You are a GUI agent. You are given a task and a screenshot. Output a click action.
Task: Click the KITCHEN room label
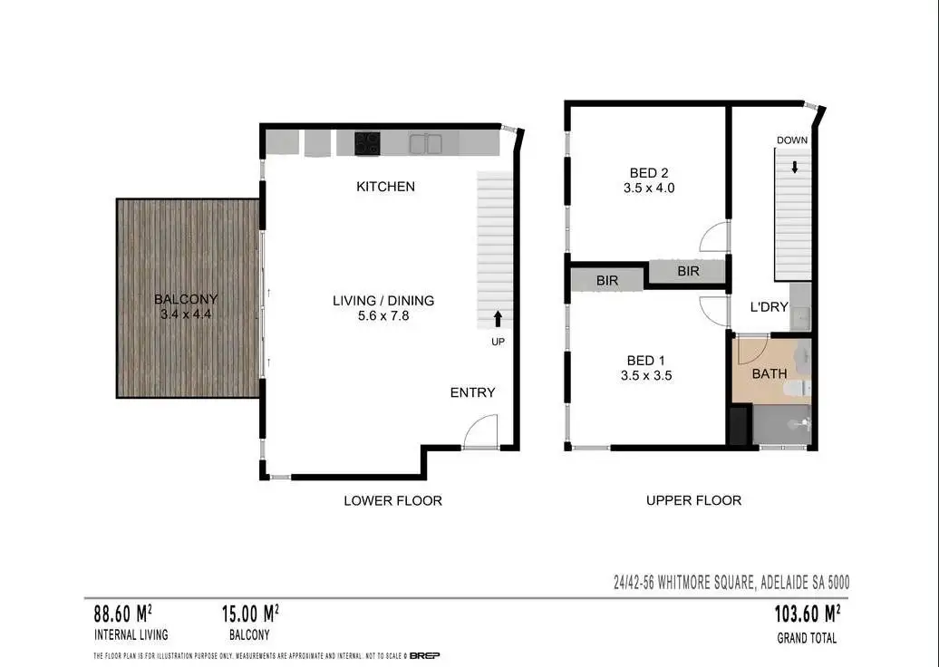coord(385,187)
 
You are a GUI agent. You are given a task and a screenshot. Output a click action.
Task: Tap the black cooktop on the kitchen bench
coord(367,143)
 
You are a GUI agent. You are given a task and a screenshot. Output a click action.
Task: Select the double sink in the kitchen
coord(424,143)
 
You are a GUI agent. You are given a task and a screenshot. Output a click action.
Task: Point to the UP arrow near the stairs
coord(497,318)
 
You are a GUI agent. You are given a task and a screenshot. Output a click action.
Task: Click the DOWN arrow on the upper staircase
coord(794,167)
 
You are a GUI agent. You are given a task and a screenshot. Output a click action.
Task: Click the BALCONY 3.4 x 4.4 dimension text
coord(186,314)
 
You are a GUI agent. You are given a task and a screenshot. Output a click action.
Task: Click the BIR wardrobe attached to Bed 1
coord(606,281)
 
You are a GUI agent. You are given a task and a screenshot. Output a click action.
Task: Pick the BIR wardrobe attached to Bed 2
coord(687,271)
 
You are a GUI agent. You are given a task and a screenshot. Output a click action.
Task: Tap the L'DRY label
coord(768,307)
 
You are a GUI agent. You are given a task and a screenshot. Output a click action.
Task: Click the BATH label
coord(769,372)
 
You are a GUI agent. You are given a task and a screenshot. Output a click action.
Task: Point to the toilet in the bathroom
coord(797,388)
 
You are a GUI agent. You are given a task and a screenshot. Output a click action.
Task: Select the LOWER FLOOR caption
coord(392,500)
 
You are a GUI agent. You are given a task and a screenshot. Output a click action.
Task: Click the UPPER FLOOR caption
coord(693,500)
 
